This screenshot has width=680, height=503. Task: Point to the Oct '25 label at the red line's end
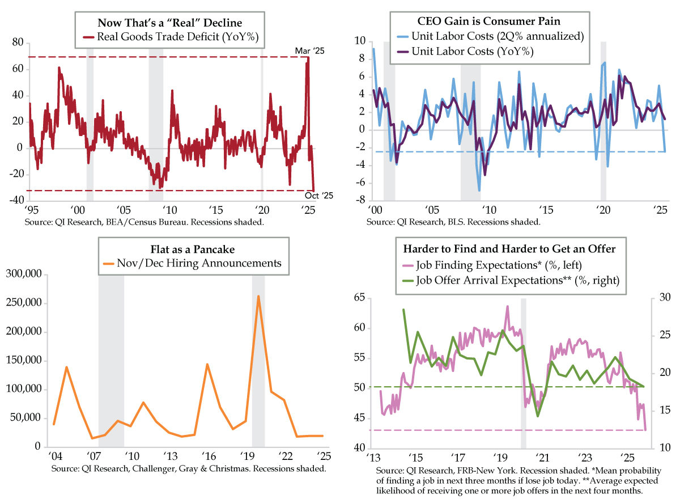[x=319, y=196]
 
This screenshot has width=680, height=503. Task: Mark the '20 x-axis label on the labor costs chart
[x=602, y=208]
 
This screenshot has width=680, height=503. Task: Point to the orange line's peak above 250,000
[x=258, y=296]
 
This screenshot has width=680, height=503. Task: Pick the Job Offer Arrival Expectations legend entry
[x=509, y=280]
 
